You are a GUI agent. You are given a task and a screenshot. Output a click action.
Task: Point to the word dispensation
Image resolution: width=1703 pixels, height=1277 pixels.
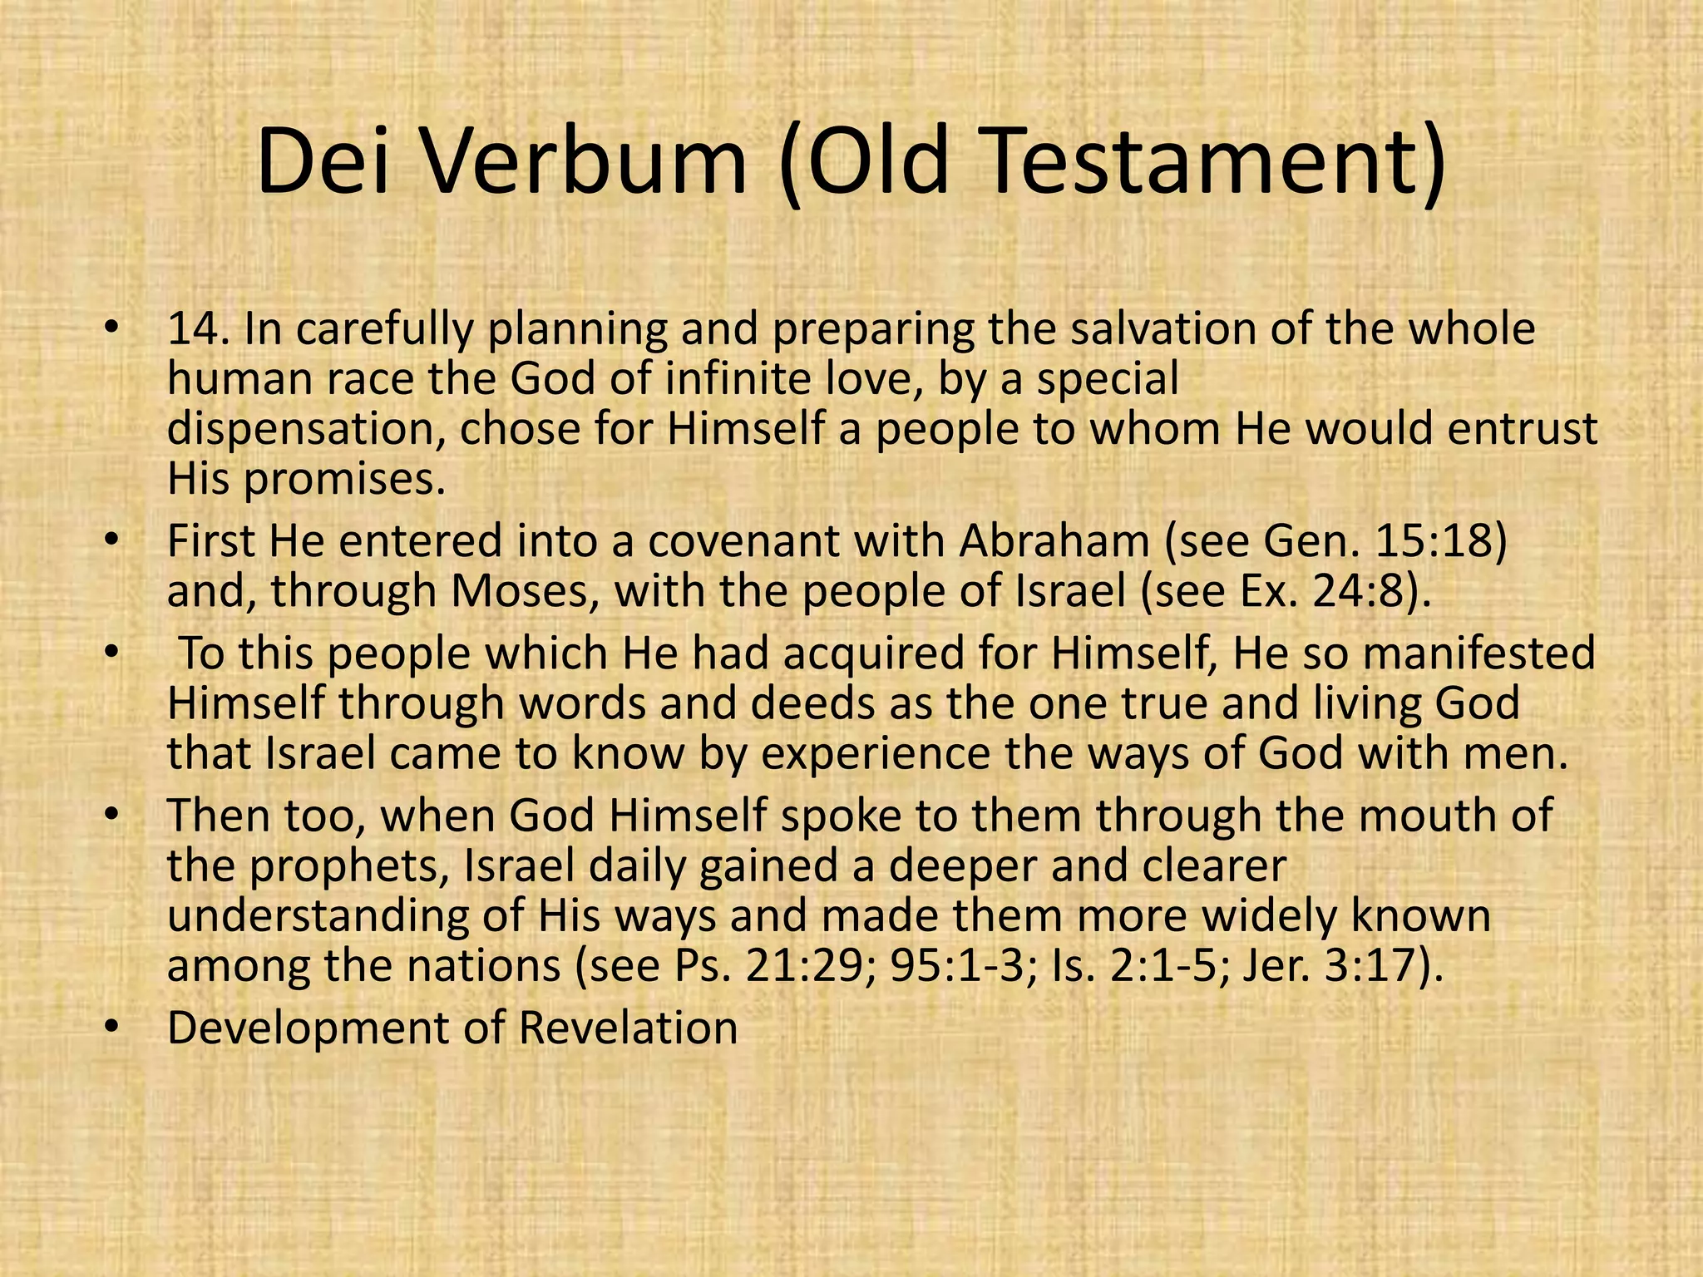(x=304, y=430)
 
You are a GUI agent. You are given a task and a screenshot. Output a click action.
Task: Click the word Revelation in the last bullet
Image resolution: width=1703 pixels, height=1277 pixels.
(x=628, y=1028)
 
